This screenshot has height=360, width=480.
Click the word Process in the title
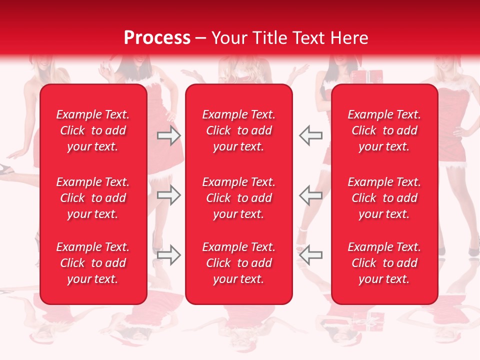point(157,38)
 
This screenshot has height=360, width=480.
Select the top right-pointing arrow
point(169,135)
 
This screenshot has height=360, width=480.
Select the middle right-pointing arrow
point(169,195)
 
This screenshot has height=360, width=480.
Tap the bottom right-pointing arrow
point(169,254)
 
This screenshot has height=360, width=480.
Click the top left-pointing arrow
point(310,135)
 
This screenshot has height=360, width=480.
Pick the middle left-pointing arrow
point(310,195)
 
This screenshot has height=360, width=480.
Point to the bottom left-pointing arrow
point(310,254)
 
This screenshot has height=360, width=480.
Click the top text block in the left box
point(93,130)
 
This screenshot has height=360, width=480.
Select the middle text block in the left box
point(93,198)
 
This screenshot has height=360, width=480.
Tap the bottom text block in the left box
point(93,263)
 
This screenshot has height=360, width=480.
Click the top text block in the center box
point(238,130)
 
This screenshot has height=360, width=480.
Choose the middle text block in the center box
point(238,198)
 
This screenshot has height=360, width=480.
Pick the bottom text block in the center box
point(238,263)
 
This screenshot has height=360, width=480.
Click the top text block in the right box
point(384,130)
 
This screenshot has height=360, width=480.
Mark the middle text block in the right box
point(384,198)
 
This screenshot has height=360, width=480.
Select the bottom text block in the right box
point(384,263)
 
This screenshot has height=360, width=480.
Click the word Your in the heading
point(229,38)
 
